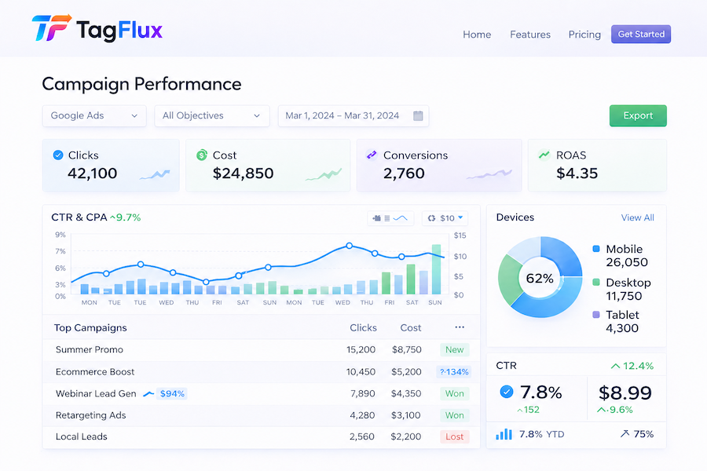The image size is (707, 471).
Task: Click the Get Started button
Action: [641, 35]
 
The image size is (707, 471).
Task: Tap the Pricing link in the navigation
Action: [584, 35]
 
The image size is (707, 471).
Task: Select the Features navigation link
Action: [530, 35]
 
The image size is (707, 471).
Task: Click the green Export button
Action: [638, 115]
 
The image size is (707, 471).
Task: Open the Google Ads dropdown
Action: [94, 115]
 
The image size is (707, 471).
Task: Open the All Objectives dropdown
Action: [212, 115]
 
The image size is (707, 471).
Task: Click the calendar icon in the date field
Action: [419, 115]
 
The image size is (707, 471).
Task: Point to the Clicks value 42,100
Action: [93, 173]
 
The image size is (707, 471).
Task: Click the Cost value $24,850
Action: [244, 173]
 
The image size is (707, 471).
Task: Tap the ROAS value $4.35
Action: [577, 173]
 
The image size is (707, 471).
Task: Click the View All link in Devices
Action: [638, 217]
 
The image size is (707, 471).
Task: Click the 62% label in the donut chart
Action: [540, 279]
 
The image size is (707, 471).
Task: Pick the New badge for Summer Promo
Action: [454, 350]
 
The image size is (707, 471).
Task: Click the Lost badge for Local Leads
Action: [454, 436]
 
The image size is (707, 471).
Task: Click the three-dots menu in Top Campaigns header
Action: [460, 327]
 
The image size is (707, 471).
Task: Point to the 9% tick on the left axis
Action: [60, 235]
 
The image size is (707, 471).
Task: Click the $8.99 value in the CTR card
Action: [625, 392]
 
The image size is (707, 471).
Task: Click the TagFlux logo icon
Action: [51, 30]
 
